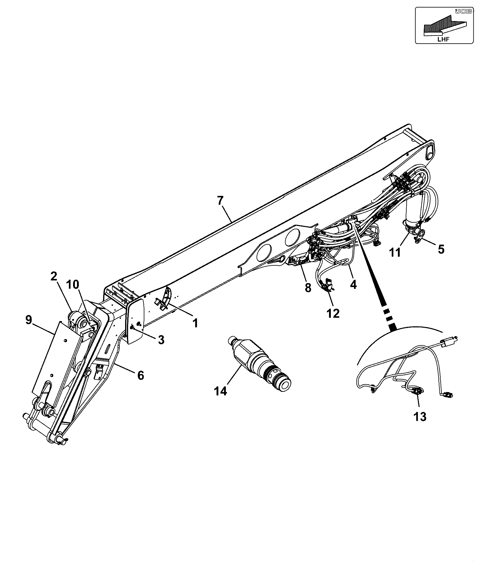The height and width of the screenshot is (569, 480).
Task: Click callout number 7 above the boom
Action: pos(220,201)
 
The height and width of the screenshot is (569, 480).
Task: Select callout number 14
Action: pos(221,391)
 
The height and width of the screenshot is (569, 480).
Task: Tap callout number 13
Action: pos(420,417)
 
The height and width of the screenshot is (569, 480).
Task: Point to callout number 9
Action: pos(29,320)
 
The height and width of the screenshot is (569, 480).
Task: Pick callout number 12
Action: pos(333,313)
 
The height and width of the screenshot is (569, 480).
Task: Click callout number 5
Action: pos(441,249)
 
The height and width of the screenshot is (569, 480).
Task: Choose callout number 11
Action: pos(395,252)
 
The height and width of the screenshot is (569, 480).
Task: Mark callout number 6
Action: pos(140,375)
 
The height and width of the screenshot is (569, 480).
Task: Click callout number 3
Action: pos(161,340)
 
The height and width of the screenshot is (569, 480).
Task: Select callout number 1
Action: pos(195,323)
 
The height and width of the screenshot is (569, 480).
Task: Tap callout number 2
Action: pos(54,276)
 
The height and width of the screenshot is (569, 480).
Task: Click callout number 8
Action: pos(308,288)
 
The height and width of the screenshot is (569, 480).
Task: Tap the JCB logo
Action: pos(459,11)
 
